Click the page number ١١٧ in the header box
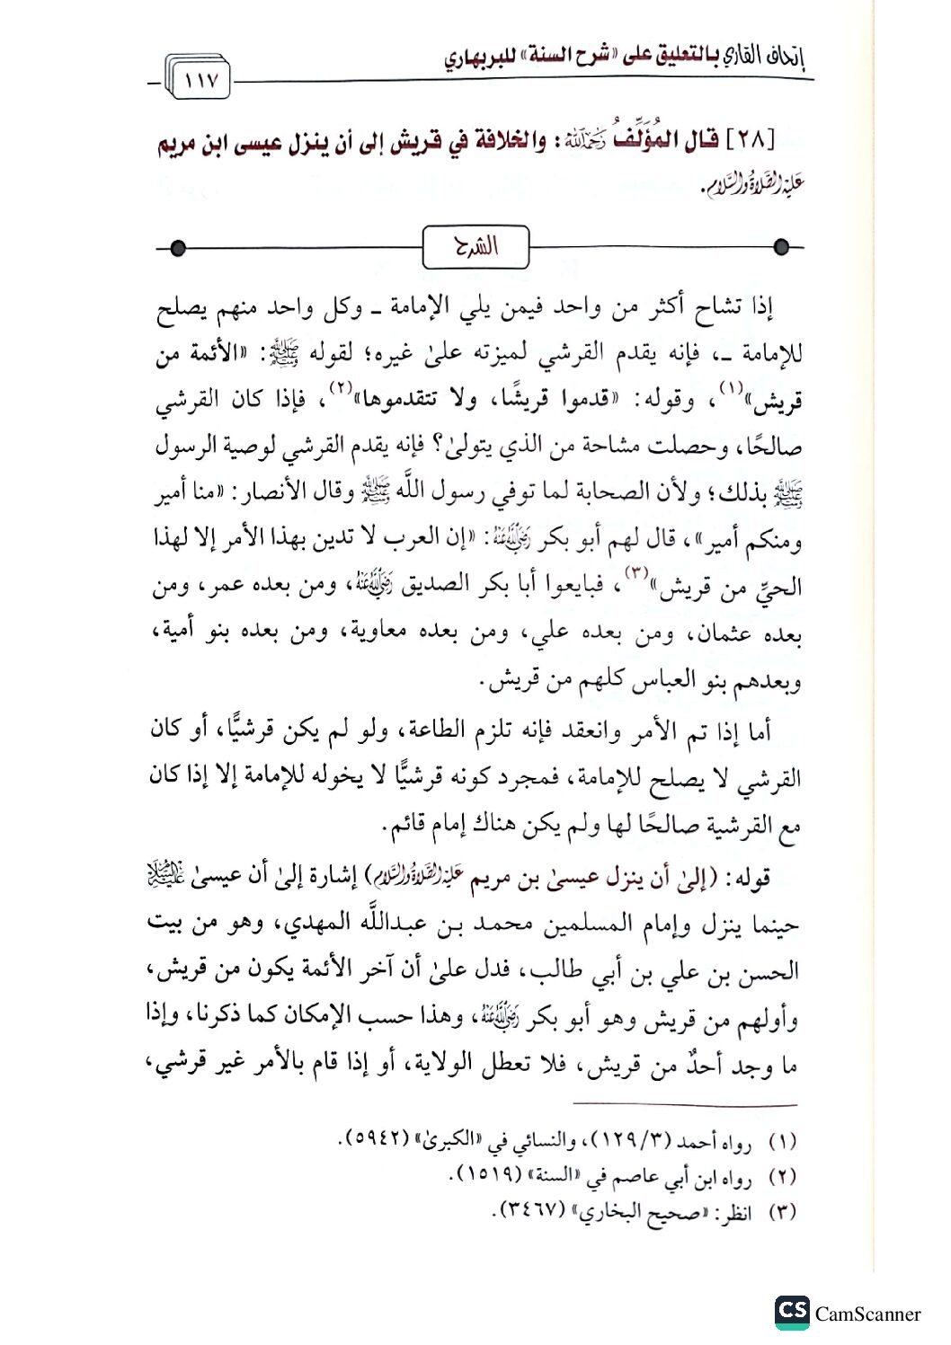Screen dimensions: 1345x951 pos(200,81)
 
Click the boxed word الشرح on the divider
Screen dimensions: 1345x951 pos(475,246)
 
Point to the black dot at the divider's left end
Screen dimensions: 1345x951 pos(178,247)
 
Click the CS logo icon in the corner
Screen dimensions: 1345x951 pos(792,1312)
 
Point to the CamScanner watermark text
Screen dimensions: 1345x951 pos(867,1314)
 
